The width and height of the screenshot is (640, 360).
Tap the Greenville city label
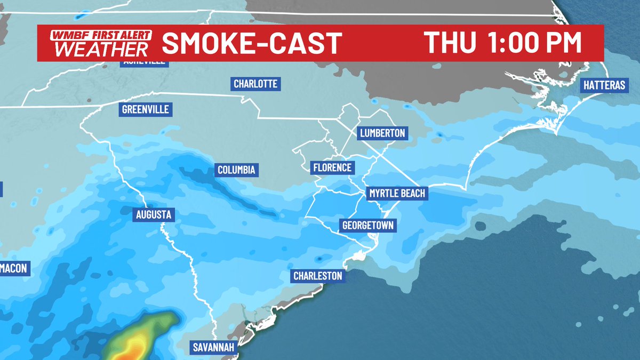pyautogui.click(x=145, y=109)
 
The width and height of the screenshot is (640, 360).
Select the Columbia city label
pyautogui.click(x=237, y=171)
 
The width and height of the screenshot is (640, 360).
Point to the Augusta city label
pyautogui.click(x=153, y=215)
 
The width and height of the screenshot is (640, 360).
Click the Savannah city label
pyautogui.click(x=212, y=348)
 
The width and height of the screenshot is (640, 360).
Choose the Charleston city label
pyautogui.click(x=317, y=276)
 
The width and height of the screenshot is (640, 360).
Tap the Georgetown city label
pyautogui.click(x=368, y=226)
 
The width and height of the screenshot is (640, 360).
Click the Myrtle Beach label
pyautogui.click(x=397, y=193)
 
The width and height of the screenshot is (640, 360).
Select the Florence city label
pyautogui.click(x=332, y=167)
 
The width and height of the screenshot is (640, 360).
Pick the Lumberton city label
pyautogui.click(x=382, y=133)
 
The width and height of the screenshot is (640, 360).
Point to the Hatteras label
pyautogui.click(x=604, y=85)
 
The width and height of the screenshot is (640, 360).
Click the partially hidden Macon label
pyautogui.click(x=13, y=269)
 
